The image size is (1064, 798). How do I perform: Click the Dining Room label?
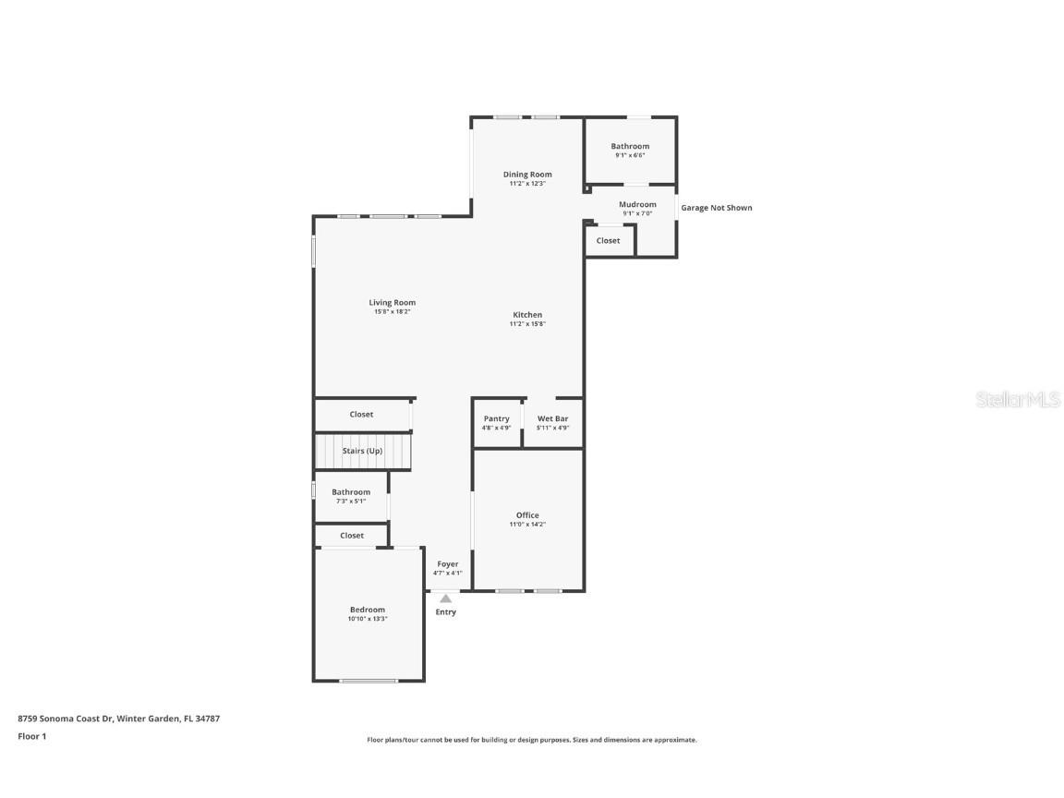[527, 174]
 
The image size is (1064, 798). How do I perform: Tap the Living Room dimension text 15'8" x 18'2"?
[392, 312]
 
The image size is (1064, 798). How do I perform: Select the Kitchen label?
[527, 315]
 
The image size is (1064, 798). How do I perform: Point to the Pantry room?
[496, 423]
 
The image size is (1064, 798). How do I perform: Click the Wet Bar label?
[552, 418]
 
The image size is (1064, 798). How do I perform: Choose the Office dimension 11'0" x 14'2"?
[527, 525]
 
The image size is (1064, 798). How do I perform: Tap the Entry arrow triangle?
[446, 598]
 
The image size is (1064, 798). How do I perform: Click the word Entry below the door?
[446, 612]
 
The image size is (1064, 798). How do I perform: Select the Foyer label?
[448, 564]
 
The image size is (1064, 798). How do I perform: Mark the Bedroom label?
[368, 610]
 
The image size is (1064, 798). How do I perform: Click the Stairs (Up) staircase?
[362, 452]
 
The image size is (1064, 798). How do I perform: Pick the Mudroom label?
[637, 204]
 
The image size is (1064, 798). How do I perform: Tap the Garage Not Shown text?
[717, 208]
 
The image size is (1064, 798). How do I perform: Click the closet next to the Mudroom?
[609, 241]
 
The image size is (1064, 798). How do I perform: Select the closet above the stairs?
[361, 415]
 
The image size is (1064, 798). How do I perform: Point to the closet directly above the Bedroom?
[352, 536]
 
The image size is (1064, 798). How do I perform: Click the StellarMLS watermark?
[1018, 400]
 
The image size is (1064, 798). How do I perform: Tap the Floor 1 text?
[31, 736]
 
